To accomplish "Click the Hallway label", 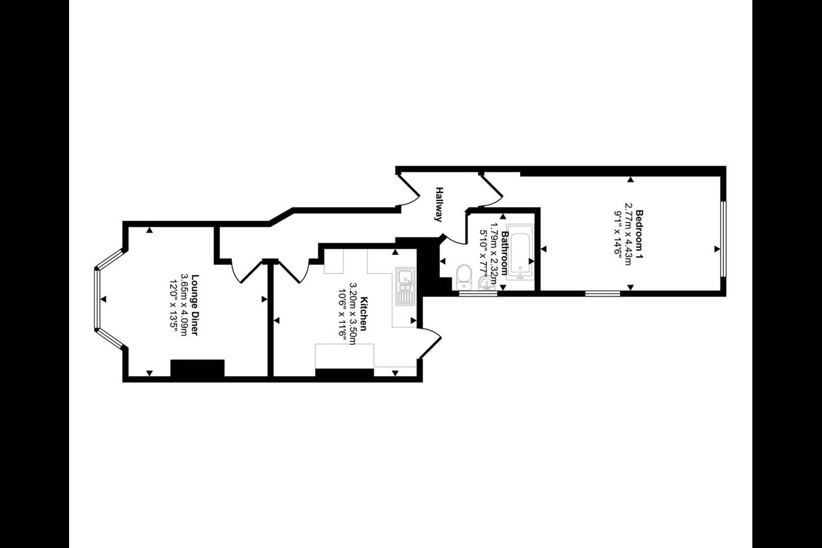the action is (439, 204).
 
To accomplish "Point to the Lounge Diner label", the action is (195, 305).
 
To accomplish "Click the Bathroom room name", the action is (505, 253).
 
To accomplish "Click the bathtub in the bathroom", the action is (521, 252).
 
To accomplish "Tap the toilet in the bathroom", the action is (464, 277).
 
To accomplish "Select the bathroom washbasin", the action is (486, 283).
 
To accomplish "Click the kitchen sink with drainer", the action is (405, 287).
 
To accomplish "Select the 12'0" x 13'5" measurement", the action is (173, 305).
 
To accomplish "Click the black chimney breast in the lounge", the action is (198, 368).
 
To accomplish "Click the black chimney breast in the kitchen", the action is (345, 373).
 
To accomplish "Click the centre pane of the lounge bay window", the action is (97, 299).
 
